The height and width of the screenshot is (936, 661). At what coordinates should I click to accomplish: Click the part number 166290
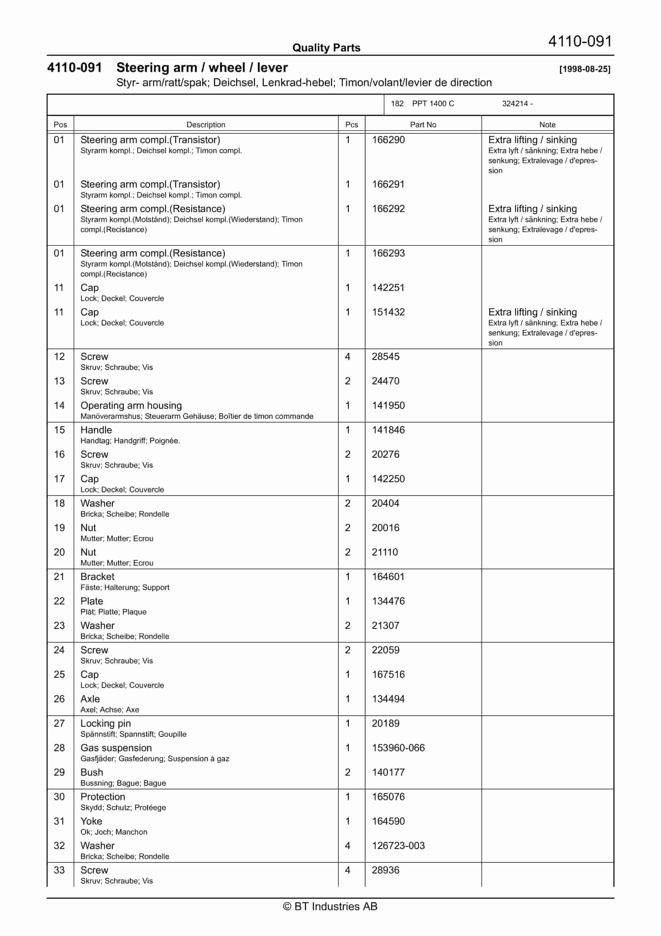[388, 140]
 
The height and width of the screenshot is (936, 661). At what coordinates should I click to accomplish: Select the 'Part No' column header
[423, 125]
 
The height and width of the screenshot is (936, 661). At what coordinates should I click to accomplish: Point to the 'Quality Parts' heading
[326, 48]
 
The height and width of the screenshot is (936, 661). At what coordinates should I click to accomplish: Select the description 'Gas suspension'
[116, 748]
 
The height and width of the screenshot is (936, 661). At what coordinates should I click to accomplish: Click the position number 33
[59, 870]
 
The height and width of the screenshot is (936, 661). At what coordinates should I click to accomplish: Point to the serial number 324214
[515, 104]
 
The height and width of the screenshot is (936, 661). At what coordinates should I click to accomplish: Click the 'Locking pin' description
[106, 723]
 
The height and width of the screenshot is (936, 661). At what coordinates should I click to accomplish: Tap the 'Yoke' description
[91, 821]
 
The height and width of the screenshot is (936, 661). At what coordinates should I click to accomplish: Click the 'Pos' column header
[60, 125]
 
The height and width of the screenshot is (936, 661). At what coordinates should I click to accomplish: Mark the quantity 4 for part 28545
[348, 357]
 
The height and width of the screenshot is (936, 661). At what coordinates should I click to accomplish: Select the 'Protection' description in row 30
[103, 796]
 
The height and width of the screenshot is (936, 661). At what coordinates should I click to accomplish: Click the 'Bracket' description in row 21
[97, 576]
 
